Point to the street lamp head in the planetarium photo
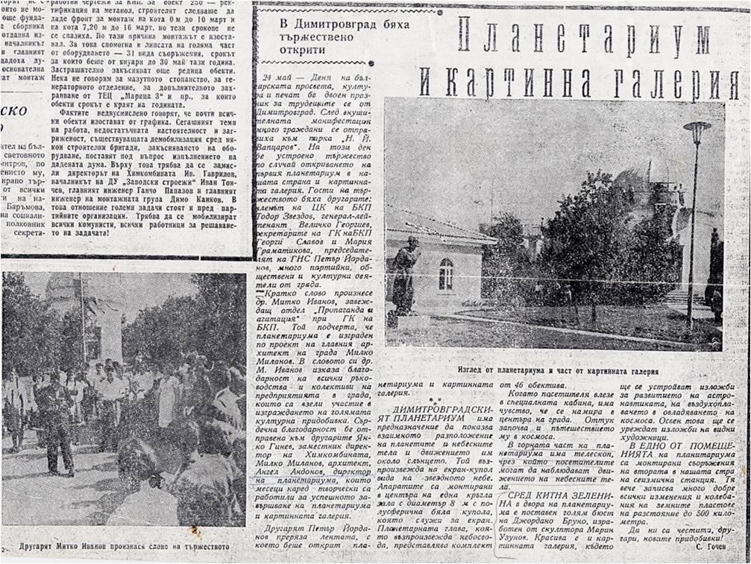(696, 132)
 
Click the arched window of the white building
(445, 274)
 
